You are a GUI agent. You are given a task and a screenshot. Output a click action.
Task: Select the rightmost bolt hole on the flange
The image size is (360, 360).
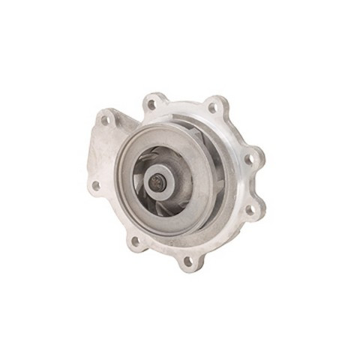pyautogui.click(x=250, y=159)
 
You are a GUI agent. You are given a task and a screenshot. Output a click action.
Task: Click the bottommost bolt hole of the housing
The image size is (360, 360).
pyautogui.click(x=187, y=260)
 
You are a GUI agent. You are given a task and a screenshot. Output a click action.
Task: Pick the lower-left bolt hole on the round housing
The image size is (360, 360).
pyautogui.click(x=135, y=241)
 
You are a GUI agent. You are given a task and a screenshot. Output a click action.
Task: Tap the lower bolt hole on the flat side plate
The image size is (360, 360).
pyautogui.click(x=95, y=185)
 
